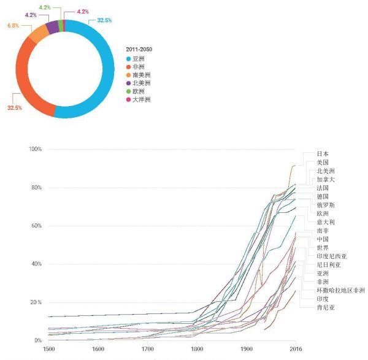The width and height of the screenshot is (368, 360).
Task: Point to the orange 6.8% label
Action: click(12, 26)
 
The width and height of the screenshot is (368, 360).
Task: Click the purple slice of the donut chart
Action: click(52, 27)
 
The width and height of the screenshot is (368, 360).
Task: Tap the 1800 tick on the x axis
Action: click(196, 350)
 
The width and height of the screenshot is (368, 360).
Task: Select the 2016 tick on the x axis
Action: click(295, 350)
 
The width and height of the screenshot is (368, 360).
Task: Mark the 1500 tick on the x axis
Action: click(48, 350)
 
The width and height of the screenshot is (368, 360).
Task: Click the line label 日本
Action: click(323, 154)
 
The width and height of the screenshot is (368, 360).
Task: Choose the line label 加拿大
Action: click(326, 180)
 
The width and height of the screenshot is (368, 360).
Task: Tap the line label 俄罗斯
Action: click(326, 205)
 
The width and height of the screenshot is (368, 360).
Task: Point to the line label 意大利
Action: click(326, 222)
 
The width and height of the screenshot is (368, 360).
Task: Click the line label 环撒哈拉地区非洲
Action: click(340, 290)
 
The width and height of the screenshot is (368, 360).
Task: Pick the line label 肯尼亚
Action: click(326, 307)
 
